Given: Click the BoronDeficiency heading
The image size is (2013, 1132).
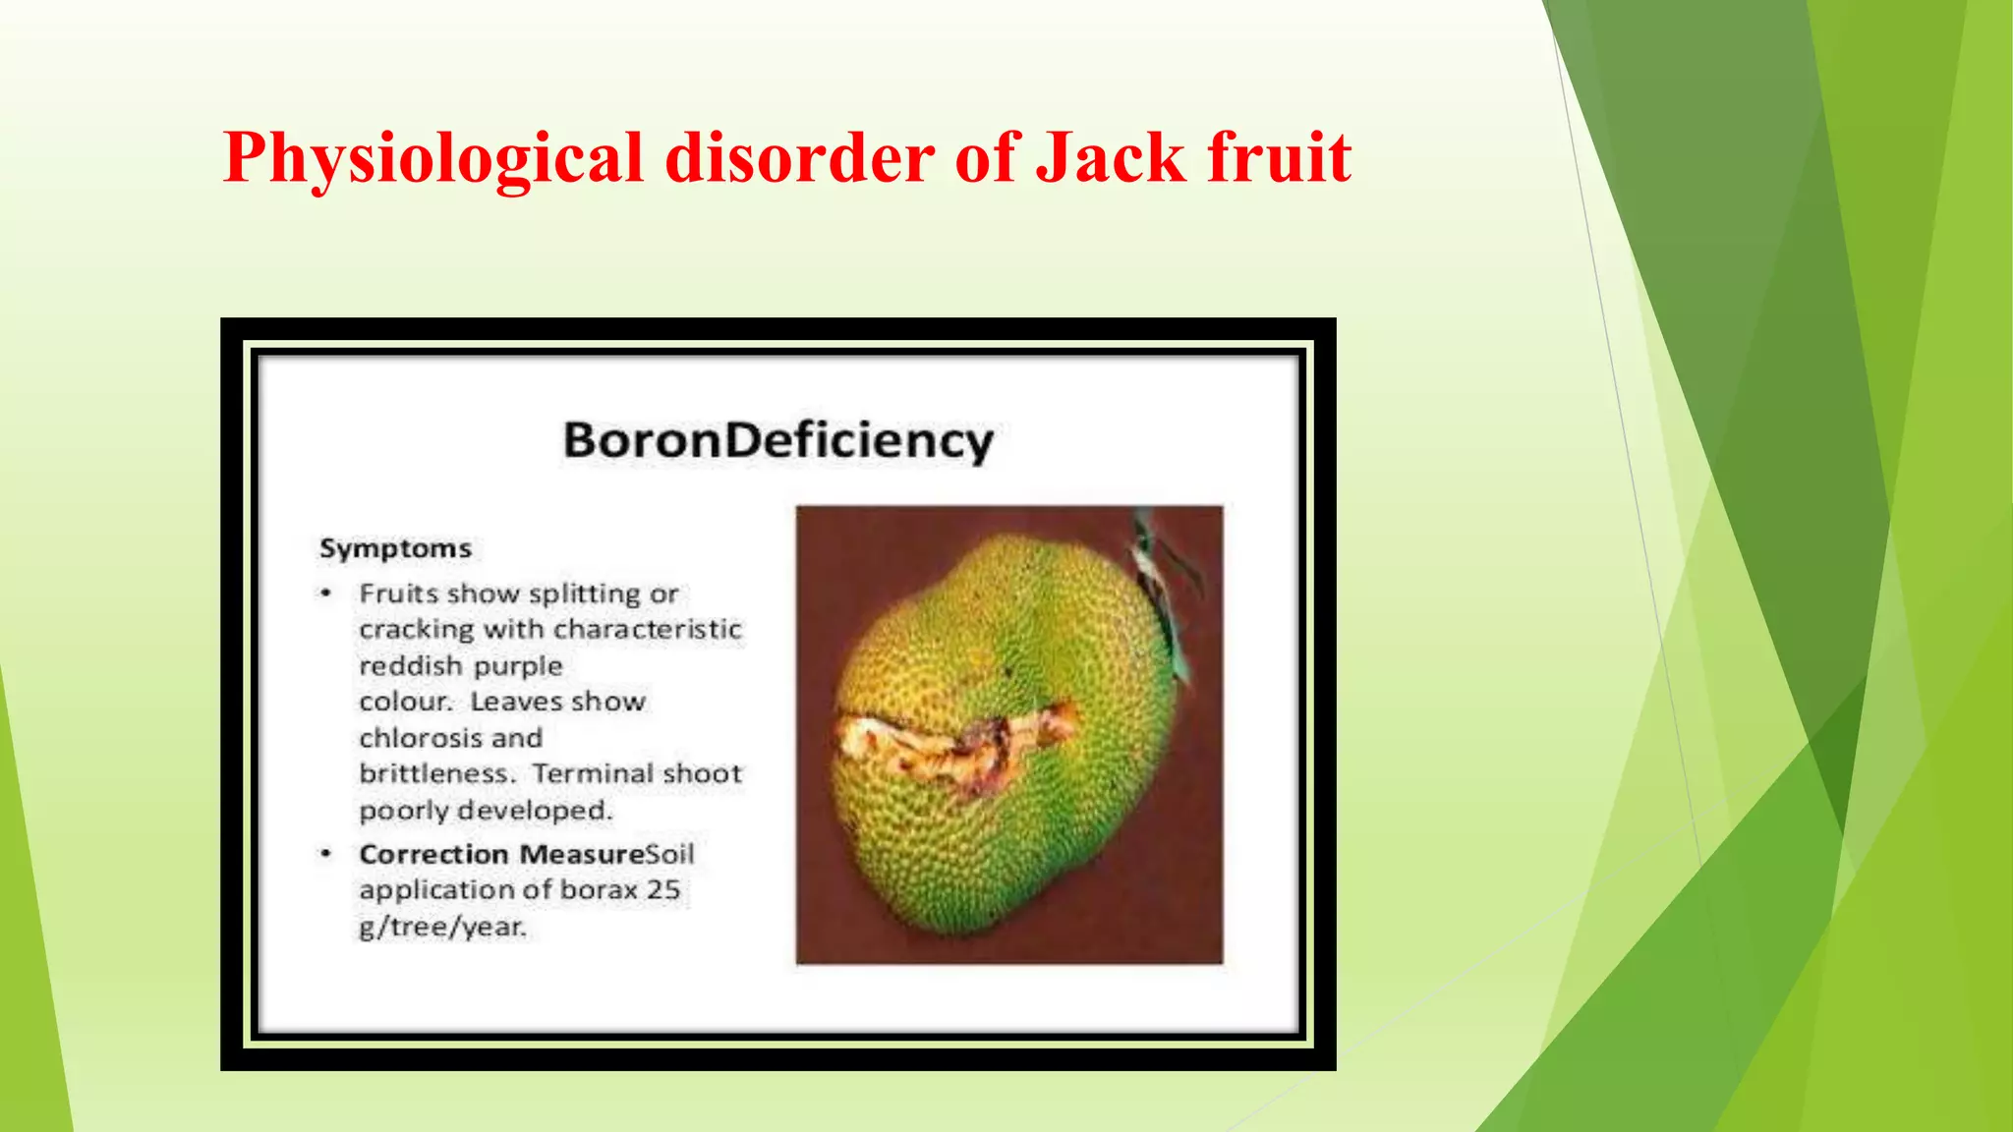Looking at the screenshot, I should pyautogui.click(x=777, y=440).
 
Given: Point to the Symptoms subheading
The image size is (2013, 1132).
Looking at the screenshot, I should pyautogui.click(x=395, y=548).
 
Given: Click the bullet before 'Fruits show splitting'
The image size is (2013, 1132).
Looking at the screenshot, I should pyautogui.click(x=326, y=594).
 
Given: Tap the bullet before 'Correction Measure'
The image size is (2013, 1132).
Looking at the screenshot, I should pyautogui.click(x=326, y=854).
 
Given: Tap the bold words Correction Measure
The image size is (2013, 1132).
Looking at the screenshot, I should pyautogui.click(x=501, y=854).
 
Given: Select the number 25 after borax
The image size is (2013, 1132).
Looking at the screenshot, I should pyautogui.click(x=663, y=890).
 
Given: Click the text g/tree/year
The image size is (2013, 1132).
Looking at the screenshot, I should pyautogui.click(x=442, y=927).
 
